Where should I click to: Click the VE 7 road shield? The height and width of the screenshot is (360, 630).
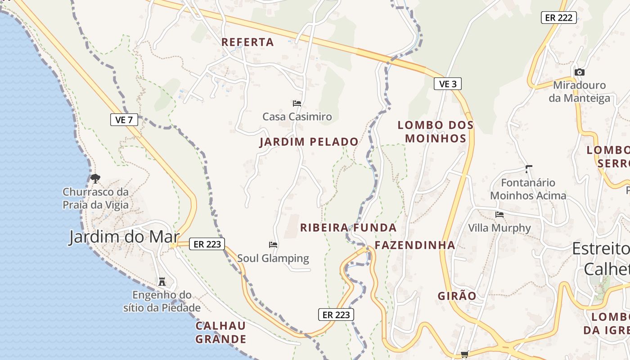pyautogui.click(x=124, y=120)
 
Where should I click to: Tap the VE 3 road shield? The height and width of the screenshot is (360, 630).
pyautogui.click(x=448, y=84)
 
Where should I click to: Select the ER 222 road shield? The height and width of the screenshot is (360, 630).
pyautogui.click(x=558, y=18)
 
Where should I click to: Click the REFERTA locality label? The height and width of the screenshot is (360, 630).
pyautogui.click(x=247, y=42)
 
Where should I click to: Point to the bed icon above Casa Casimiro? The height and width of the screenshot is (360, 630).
pyautogui.click(x=297, y=103)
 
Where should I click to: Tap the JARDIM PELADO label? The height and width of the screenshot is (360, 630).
pyautogui.click(x=309, y=142)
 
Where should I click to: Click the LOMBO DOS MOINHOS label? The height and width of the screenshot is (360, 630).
pyautogui.click(x=436, y=131)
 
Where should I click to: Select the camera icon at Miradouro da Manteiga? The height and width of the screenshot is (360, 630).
pyautogui.click(x=579, y=72)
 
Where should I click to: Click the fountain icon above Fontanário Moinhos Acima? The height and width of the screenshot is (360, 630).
pyautogui.click(x=528, y=169)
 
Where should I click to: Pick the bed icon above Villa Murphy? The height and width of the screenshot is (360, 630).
pyautogui.click(x=499, y=215)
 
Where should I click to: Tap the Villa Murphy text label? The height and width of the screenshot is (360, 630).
pyautogui.click(x=499, y=228)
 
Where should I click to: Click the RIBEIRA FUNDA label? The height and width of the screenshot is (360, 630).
pyautogui.click(x=348, y=228)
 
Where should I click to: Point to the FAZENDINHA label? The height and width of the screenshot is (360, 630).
pyautogui.click(x=415, y=245)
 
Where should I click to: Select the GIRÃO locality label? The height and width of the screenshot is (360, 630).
pyautogui.click(x=457, y=296)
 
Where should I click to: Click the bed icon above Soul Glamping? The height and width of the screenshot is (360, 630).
pyautogui.click(x=273, y=245)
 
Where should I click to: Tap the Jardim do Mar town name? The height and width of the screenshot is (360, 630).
pyautogui.click(x=124, y=237)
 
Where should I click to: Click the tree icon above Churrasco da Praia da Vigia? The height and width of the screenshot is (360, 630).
pyautogui.click(x=95, y=179)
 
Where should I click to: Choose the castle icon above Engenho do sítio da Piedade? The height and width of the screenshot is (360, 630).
pyautogui.click(x=162, y=282)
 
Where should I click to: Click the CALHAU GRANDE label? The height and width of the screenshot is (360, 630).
pyautogui.click(x=220, y=332)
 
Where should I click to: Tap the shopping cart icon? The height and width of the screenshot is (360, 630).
pyautogui.click(x=464, y=355)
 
